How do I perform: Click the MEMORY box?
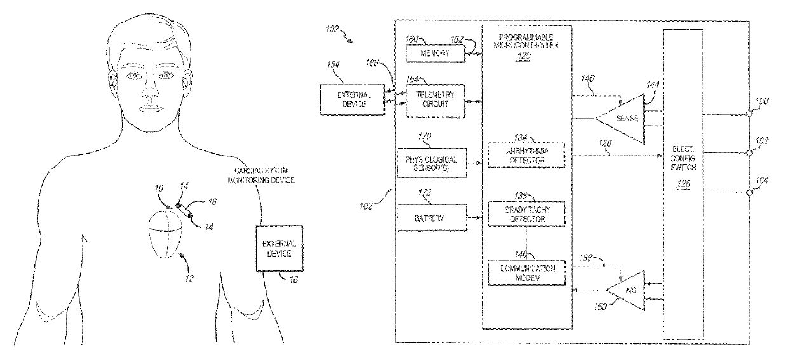[435, 53]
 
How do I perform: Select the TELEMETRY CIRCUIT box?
[435, 101]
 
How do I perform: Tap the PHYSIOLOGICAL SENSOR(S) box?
[432, 163]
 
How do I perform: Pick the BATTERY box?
[432, 218]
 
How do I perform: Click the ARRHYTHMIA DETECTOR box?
[527, 156]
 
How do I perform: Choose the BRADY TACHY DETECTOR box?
[527, 214]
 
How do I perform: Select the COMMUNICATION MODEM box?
[527, 272]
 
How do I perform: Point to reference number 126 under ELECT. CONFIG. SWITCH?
[683, 183]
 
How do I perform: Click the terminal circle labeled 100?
[749, 114]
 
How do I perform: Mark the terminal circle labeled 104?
[749, 192]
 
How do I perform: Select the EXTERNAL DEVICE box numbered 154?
[353, 100]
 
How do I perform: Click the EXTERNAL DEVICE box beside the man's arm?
[279, 249]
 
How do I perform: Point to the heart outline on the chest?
[166, 234]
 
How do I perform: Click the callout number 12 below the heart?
[189, 279]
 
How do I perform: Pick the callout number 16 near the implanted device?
[212, 202]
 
